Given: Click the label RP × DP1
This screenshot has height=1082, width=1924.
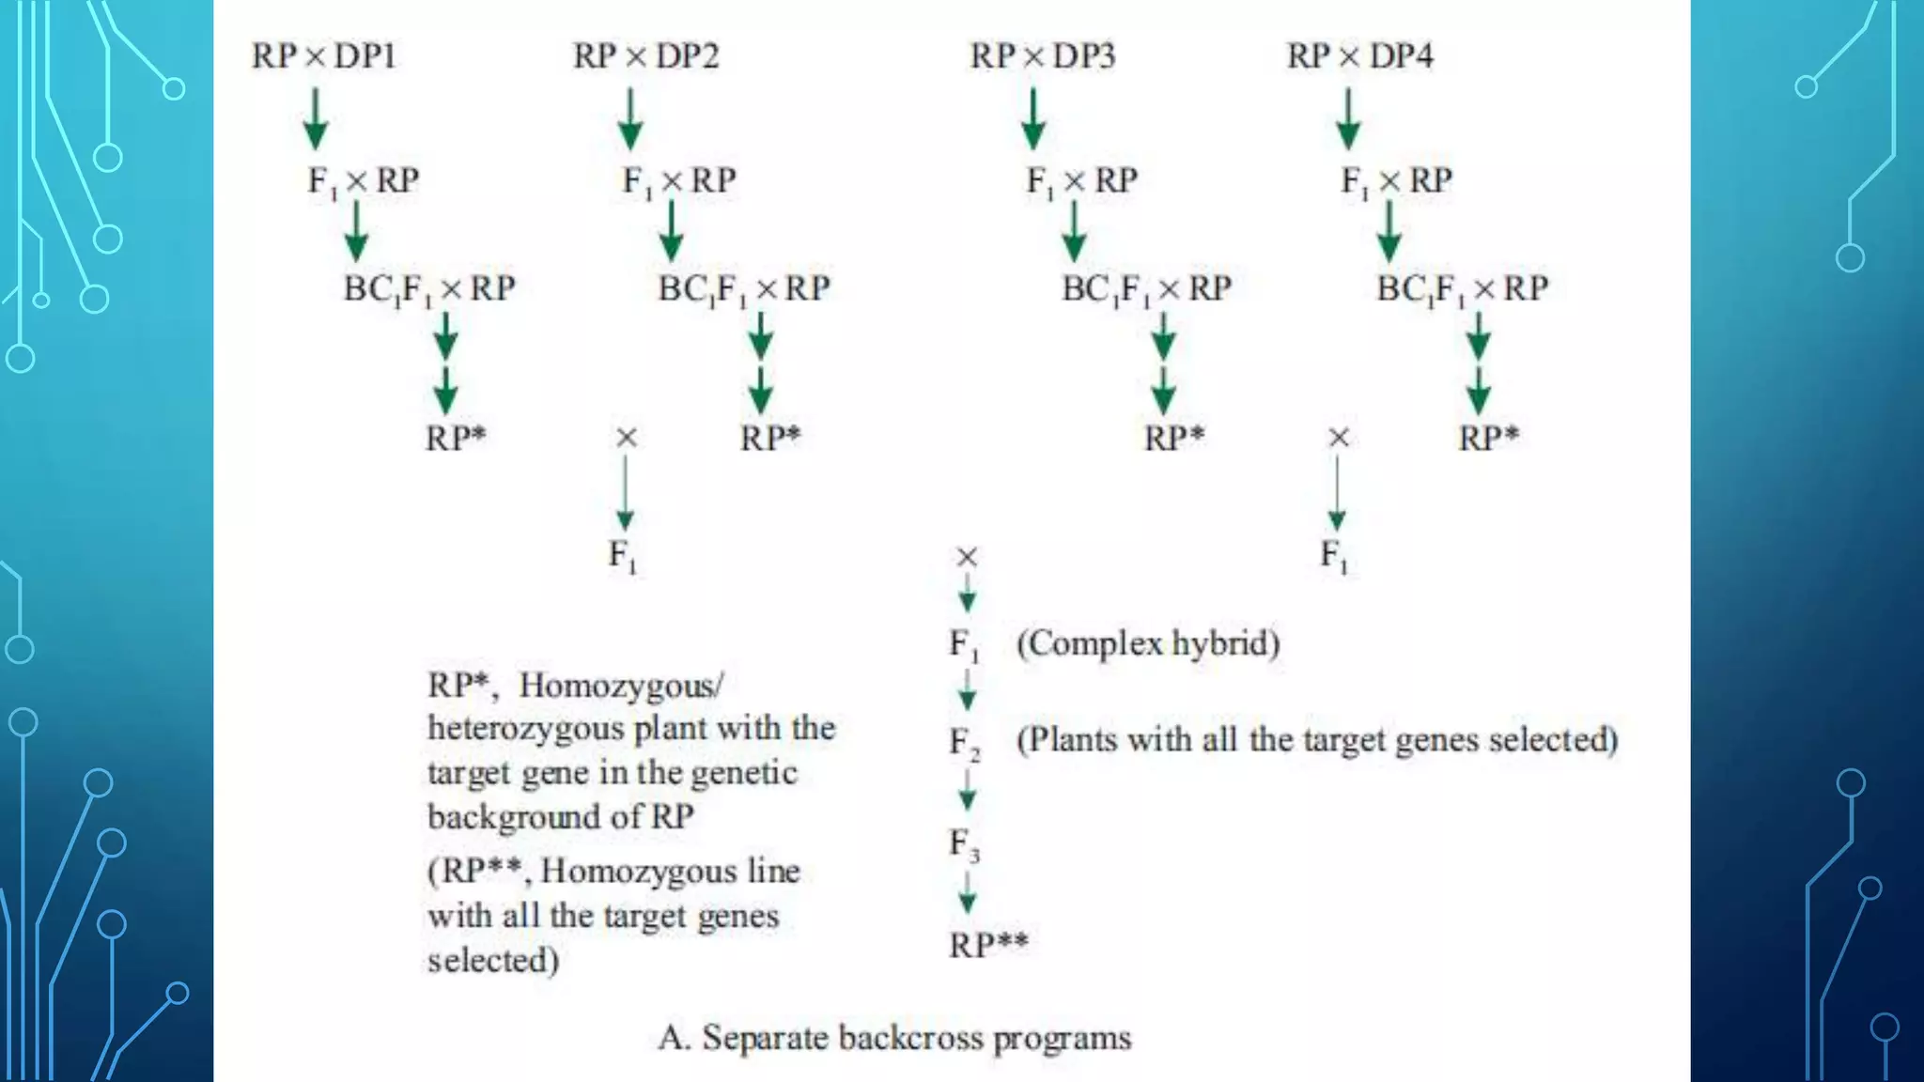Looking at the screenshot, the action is click(x=323, y=56).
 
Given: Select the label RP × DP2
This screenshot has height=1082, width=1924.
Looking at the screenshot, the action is click(x=645, y=56).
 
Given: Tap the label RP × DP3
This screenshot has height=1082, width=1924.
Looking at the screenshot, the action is click(x=1042, y=56).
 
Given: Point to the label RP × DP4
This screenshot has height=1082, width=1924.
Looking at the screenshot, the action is click(x=1359, y=56).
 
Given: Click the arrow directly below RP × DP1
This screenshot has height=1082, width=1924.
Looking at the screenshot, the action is click(x=316, y=118).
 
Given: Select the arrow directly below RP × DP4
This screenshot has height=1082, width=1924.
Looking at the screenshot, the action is click(x=1348, y=118).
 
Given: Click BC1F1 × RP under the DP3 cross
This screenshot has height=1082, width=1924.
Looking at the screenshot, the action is click(x=1146, y=288).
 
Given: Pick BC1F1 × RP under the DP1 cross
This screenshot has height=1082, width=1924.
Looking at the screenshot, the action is click(x=429, y=288).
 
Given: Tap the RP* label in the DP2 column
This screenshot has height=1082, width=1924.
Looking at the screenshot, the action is click(x=770, y=438).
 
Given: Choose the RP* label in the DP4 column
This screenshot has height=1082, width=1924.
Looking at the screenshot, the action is click(x=1488, y=438).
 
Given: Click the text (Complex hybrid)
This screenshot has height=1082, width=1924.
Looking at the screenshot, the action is click(x=1148, y=643).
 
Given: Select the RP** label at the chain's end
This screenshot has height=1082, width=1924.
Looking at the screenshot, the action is click(x=988, y=944).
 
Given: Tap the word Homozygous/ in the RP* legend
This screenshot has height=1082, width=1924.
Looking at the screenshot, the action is click(x=621, y=686).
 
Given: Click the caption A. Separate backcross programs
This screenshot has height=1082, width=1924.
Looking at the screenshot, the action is click(x=894, y=1038).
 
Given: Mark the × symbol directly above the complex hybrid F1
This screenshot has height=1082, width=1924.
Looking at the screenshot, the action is click(x=967, y=557).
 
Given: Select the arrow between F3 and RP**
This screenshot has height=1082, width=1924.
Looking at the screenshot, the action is click(x=967, y=893).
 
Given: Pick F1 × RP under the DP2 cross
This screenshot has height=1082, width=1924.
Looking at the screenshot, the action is click(x=679, y=180).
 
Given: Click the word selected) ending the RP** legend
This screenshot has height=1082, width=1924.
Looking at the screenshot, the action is click(x=493, y=960).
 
